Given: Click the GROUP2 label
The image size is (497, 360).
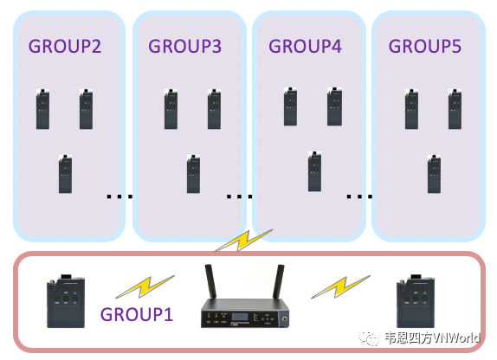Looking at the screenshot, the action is click(65, 46).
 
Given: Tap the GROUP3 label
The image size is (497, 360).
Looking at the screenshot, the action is click(184, 46).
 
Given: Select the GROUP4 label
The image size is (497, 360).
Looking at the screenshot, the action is click(305, 46).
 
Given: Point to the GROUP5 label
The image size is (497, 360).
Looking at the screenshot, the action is click(425, 46).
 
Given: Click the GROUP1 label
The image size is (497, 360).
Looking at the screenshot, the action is click(137, 314).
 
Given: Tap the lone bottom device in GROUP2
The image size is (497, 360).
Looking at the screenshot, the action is click(65, 174).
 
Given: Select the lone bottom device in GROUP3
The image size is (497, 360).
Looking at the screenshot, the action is click(193, 174).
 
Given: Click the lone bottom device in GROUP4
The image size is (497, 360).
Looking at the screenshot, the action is click(314, 171).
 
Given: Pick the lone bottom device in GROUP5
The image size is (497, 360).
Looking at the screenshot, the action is click(434, 174).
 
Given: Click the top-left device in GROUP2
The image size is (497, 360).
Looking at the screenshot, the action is click(42, 109).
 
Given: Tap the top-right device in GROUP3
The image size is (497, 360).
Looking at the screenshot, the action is click(214, 109).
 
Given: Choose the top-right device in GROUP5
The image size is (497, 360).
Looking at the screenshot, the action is click(455, 109).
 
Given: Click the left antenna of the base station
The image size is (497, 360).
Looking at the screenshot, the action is click(210, 281).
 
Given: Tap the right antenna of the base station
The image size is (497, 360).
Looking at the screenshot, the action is click(279, 281).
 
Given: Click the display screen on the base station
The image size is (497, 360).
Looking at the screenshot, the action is click(241, 317).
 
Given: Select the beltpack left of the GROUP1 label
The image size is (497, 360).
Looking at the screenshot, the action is click(66, 301).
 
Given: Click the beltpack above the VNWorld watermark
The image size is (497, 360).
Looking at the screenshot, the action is click(416, 301).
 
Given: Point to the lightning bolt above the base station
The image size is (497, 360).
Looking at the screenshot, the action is click(243, 241).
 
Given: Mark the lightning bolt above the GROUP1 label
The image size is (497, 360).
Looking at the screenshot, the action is click(145, 286).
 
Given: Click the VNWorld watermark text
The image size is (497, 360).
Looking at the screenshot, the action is click(432, 337).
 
